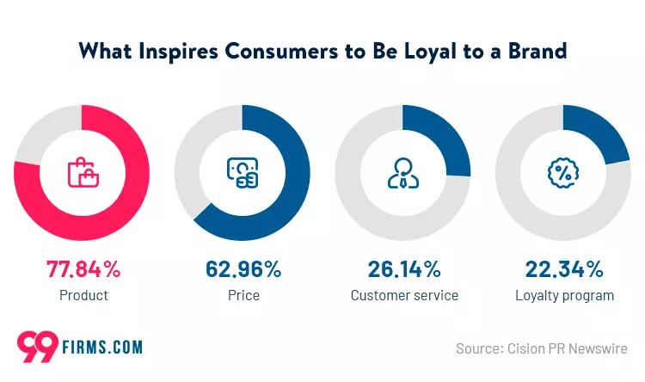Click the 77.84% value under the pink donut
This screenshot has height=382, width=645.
point(83,269)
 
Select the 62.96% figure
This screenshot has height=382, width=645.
point(243,269)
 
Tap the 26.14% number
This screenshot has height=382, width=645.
point(403,269)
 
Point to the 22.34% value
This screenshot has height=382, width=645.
point(564,269)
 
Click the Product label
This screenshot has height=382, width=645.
point(83,296)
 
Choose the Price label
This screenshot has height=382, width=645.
point(243,296)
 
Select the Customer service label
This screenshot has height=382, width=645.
point(404,296)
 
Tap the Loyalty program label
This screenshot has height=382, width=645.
point(564,296)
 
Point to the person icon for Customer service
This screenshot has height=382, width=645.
point(403,172)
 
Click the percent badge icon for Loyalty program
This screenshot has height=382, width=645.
point(564,172)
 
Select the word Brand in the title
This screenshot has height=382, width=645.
point(537,51)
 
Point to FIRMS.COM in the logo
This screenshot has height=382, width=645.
point(102,348)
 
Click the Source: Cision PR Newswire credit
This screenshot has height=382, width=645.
point(542,348)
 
